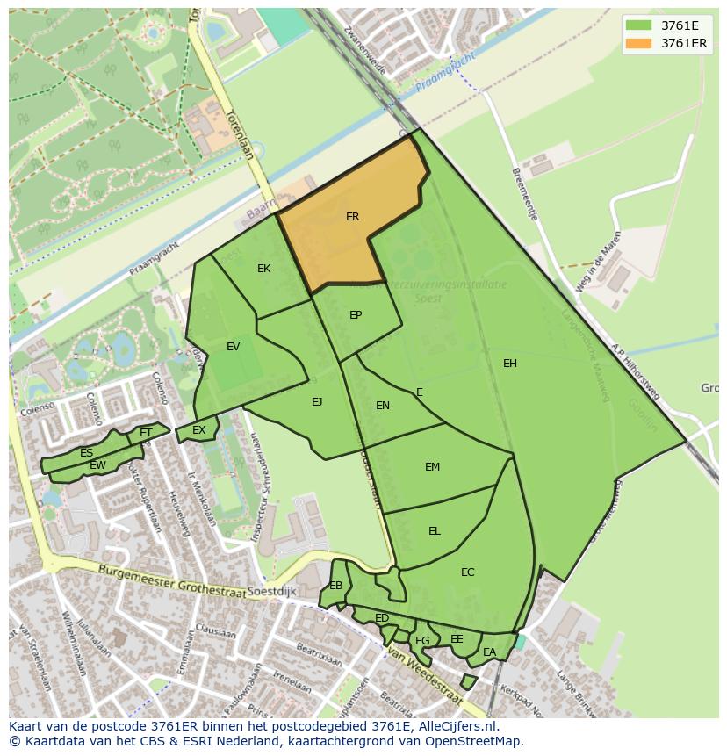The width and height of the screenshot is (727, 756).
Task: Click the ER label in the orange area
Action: [352, 216]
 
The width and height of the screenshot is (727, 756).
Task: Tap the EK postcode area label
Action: [263, 269]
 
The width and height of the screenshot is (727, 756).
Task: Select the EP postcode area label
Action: [356, 315]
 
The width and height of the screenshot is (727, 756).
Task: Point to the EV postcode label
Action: [233, 347]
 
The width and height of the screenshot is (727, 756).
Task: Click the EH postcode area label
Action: [510, 364]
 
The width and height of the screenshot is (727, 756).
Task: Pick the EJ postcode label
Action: [317, 402]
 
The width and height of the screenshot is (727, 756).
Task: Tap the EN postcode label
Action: [383, 406]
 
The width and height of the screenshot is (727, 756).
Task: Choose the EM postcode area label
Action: [432, 467]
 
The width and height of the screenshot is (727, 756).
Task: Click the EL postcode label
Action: [435, 531]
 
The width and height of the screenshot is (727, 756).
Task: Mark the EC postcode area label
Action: [467, 572]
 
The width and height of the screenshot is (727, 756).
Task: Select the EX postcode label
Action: [199, 430]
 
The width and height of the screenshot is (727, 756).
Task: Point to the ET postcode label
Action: [146, 433]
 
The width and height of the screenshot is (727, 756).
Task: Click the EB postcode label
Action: [336, 586]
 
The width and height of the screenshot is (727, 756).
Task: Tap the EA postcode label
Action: [489, 652]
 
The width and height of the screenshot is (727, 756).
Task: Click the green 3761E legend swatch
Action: [639, 25]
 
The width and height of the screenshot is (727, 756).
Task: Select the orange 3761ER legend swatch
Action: [639, 43]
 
